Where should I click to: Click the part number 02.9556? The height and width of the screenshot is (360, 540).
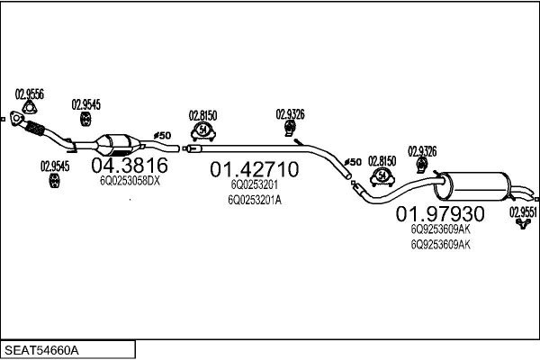point(30,93)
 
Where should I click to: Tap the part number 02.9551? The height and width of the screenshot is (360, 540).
point(524,211)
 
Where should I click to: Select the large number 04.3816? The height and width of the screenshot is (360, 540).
point(130,165)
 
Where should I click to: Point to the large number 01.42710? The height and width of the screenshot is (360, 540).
point(254,169)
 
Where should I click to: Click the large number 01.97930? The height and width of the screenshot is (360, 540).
point(441,214)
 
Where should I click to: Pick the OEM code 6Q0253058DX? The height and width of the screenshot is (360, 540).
point(129,181)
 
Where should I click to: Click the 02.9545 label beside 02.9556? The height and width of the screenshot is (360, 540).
point(85,104)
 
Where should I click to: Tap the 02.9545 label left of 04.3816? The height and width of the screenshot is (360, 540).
point(55,165)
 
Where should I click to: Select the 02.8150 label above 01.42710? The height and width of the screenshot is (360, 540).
point(202,114)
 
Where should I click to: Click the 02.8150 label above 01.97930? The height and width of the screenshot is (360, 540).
point(382,160)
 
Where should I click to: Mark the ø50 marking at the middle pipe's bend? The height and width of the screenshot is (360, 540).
point(353,162)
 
